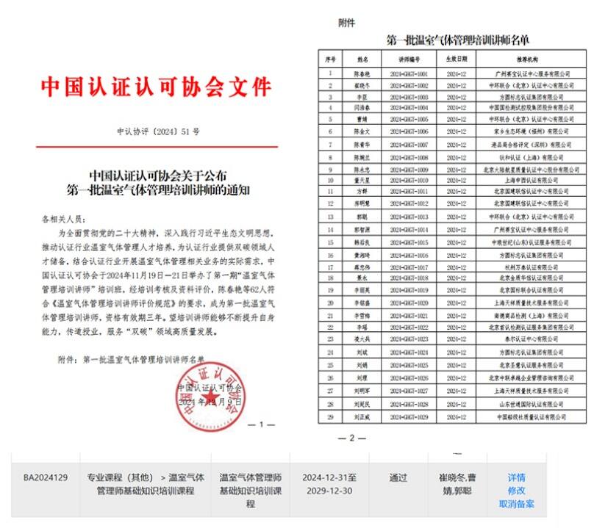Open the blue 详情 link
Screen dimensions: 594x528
click(516, 477)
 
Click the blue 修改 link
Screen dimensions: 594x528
click(516, 491)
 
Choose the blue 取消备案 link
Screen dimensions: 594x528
click(516, 504)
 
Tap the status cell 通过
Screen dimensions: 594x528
click(398, 478)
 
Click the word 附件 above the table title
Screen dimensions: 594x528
click(346, 23)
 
